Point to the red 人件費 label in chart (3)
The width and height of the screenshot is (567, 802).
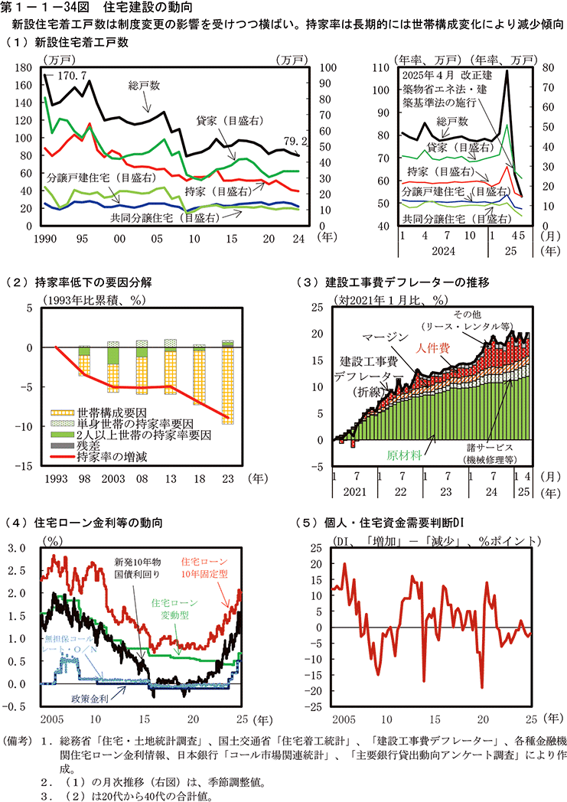click(x=433, y=347)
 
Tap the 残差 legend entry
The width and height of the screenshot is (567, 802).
click(x=89, y=445)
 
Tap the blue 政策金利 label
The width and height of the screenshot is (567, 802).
click(x=90, y=699)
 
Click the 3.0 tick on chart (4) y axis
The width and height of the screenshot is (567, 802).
click(x=16, y=549)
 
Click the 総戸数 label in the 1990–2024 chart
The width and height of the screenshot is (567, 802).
click(x=144, y=86)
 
